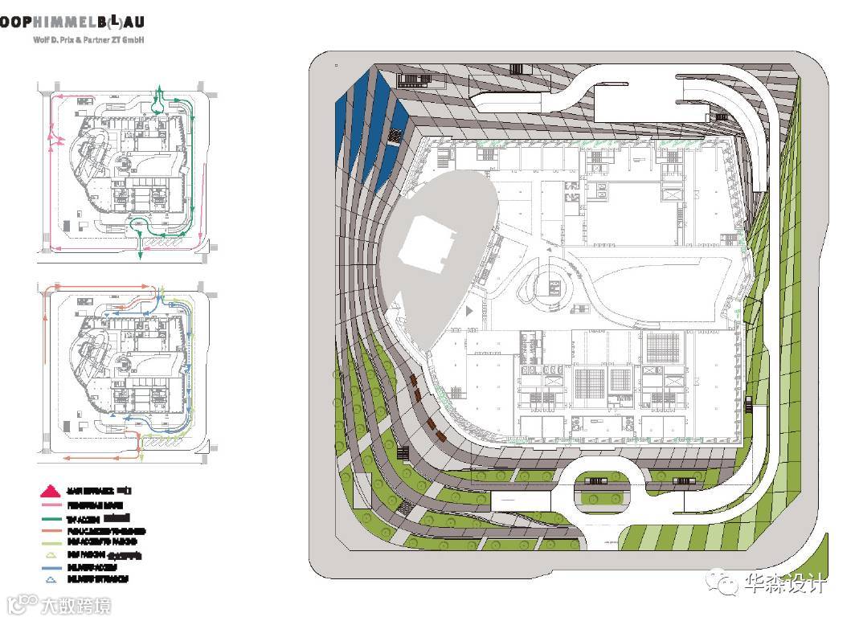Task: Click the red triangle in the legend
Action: (x=50, y=490)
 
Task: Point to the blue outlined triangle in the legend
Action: (x=50, y=578)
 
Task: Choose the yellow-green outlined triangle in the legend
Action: (x=50, y=555)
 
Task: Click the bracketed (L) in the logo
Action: (x=117, y=22)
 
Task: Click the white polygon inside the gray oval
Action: (x=425, y=245)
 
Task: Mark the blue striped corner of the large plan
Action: (x=366, y=121)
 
